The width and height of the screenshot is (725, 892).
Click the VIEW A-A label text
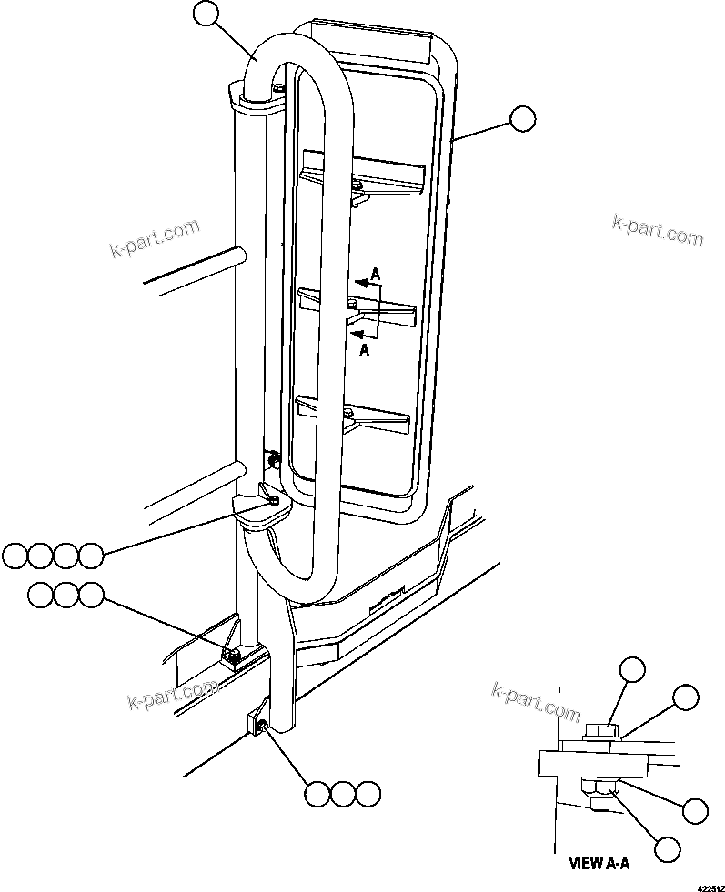pyautogui.click(x=599, y=863)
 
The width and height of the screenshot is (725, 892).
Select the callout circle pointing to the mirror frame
pyautogui.click(x=522, y=119)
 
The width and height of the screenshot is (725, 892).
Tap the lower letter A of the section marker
pyautogui.click(x=364, y=349)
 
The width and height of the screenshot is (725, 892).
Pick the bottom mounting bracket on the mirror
pyautogui.click(x=353, y=415)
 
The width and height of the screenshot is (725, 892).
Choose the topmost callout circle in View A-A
pyautogui.click(x=632, y=671)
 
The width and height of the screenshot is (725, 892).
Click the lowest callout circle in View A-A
pyautogui.click(x=668, y=848)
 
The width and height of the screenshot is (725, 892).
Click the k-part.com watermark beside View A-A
pyautogui.click(x=535, y=701)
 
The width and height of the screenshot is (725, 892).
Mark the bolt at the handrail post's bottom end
pyautogui.click(x=260, y=725)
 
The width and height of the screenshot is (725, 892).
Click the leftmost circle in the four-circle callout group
pyautogui.click(x=15, y=555)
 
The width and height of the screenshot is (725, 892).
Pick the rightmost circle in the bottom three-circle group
pyautogui.click(x=367, y=793)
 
